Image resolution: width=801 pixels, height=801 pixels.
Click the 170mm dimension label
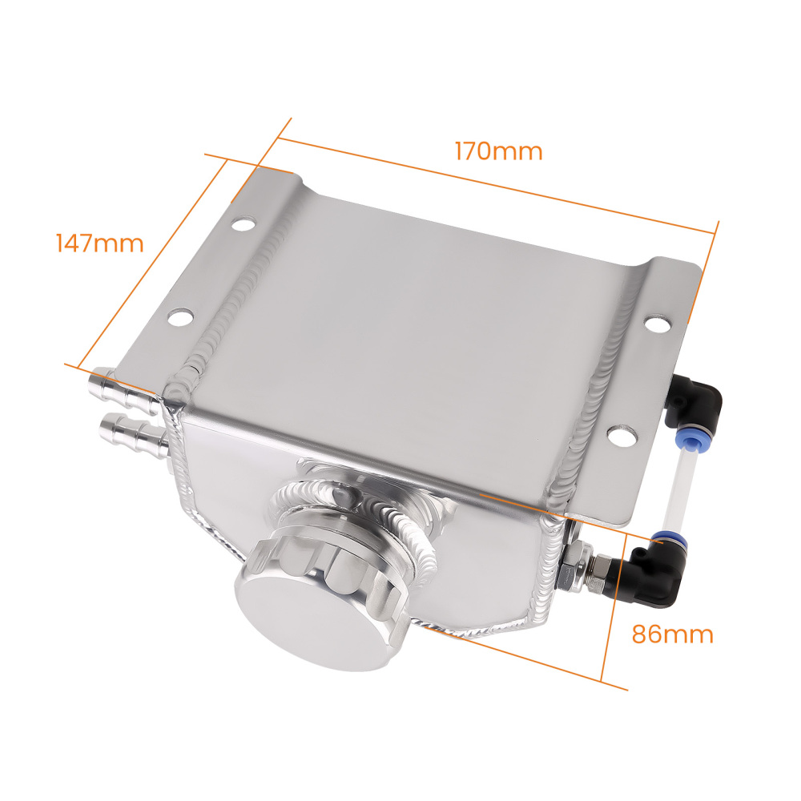tap(498, 150)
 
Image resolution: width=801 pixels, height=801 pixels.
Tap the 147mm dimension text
tap(99, 242)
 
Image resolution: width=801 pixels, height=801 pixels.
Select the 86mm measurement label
tap(672, 634)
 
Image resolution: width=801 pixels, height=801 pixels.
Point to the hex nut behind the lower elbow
tap(575, 557)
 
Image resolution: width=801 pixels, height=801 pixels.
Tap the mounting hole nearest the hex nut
tap(618, 437)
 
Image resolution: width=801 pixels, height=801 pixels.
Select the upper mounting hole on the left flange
tap(245, 223)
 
